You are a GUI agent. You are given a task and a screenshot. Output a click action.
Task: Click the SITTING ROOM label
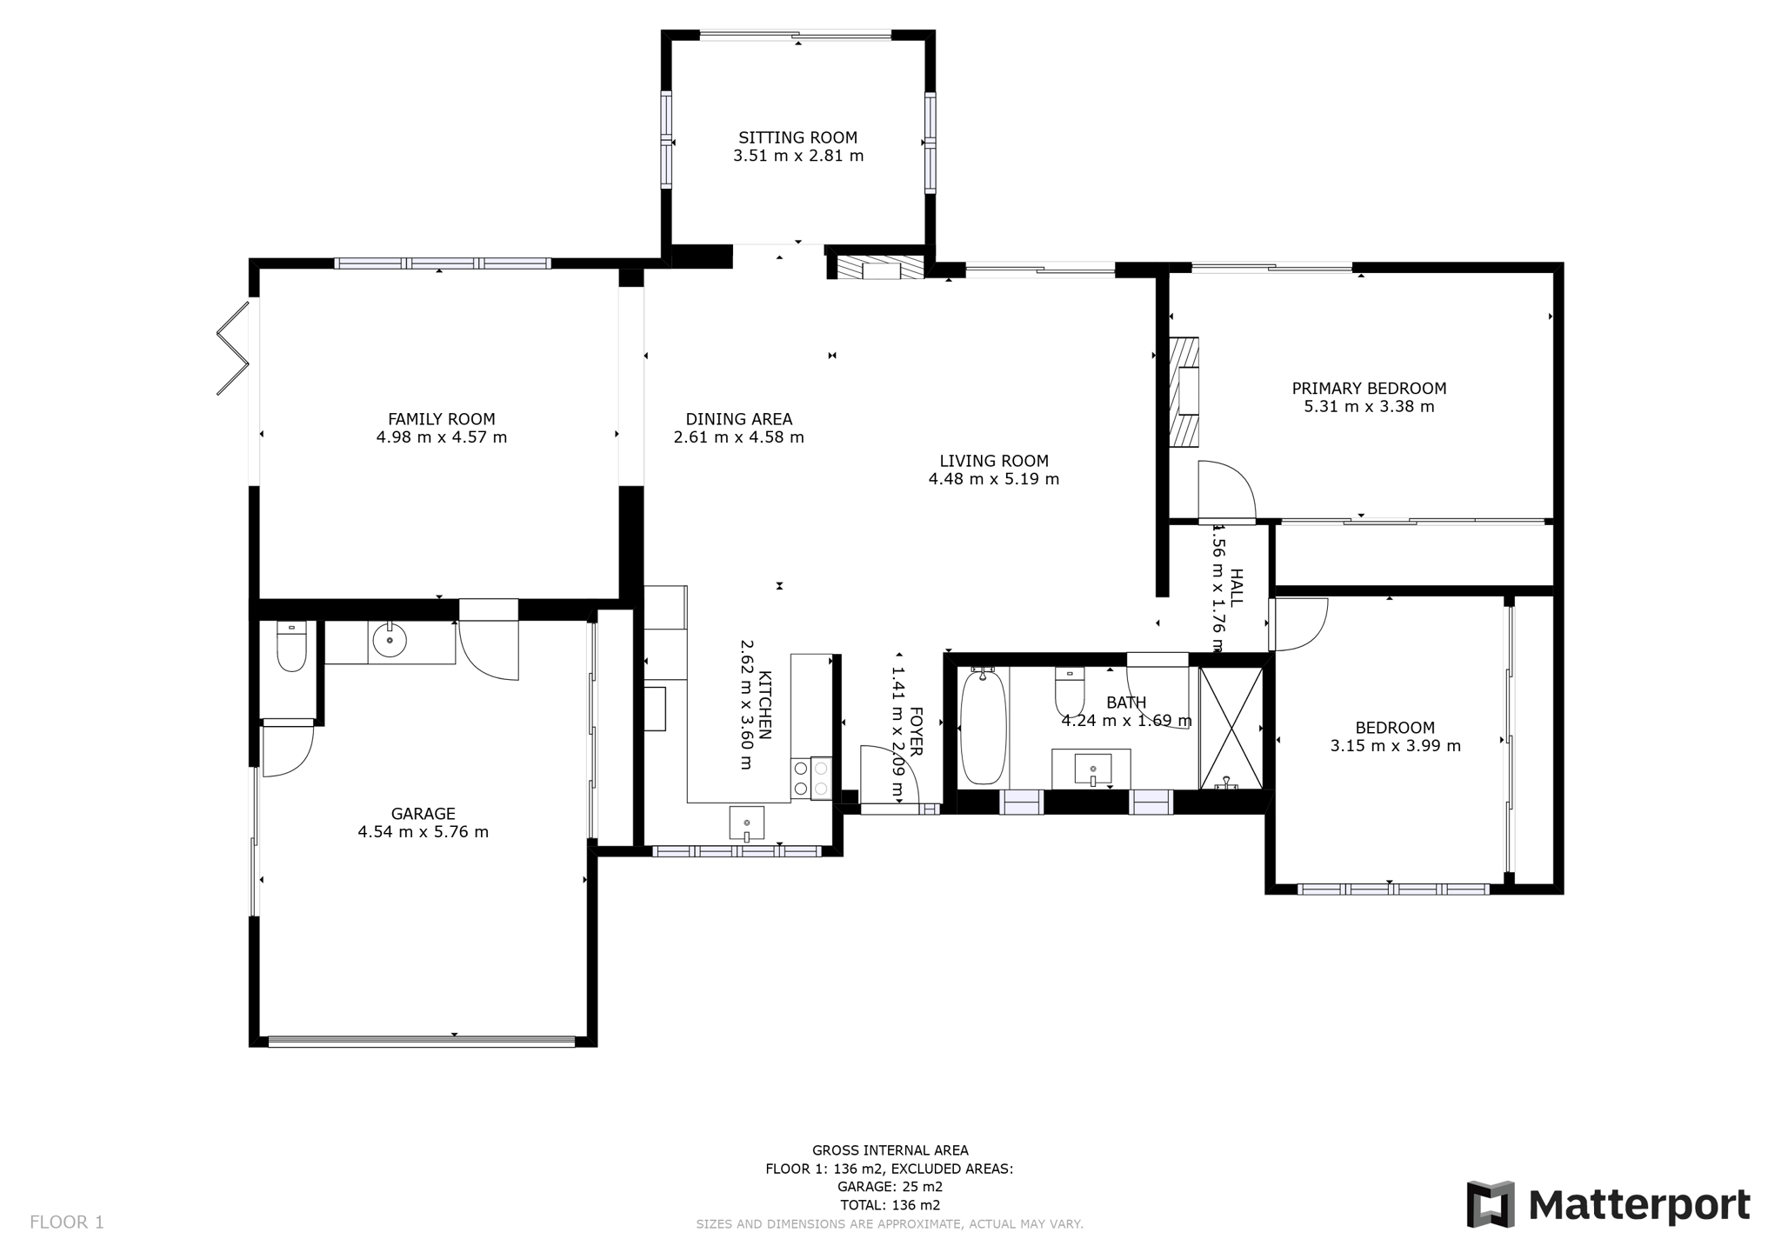[797, 137]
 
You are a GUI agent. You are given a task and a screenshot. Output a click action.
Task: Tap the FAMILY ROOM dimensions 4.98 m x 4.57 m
[442, 437]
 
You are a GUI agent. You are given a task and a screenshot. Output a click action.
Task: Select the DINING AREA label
[739, 419]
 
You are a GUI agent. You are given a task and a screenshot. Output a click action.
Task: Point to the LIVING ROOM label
[994, 461]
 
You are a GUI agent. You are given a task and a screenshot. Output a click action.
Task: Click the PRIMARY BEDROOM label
[1369, 389]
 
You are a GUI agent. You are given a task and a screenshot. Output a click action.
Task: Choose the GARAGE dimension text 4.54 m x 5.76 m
[424, 832]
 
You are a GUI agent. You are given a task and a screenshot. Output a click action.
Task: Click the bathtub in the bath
[983, 726]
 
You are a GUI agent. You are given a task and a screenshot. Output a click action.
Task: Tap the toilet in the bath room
[1069, 691]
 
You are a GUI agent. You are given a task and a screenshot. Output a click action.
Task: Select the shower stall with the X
[1231, 729]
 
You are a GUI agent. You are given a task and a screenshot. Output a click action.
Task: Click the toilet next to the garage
[291, 646]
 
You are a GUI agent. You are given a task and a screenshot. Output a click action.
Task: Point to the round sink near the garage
[389, 642]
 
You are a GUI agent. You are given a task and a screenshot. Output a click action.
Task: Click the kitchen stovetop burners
[810, 778]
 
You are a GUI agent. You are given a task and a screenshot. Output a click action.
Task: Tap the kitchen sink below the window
[746, 823]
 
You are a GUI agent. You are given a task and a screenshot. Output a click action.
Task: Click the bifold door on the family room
[233, 347]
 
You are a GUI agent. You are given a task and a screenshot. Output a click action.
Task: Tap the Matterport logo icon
[1491, 1204]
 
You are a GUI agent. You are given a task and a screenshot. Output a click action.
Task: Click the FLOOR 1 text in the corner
[67, 1222]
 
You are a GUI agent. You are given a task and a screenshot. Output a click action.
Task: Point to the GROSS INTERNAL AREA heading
[890, 1150]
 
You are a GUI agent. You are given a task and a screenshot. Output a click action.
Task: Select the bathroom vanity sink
[1092, 769]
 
